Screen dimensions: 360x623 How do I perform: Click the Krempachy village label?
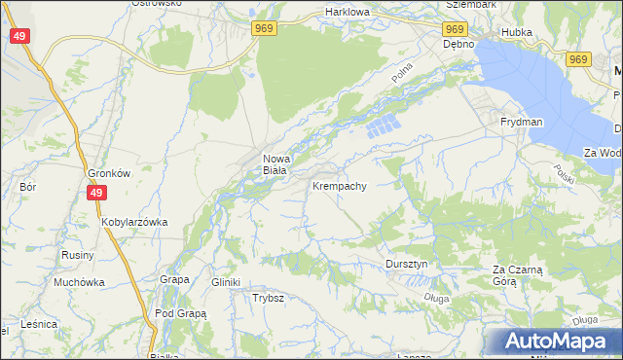(339, 185)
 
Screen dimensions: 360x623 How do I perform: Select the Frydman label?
(521, 122)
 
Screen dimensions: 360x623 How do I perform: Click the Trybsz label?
(268, 298)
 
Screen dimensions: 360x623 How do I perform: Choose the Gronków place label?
(109, 173)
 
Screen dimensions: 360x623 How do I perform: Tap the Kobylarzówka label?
(134, 222)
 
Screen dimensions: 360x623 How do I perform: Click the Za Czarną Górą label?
(517, 274)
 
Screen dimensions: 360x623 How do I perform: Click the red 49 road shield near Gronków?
(95, 193)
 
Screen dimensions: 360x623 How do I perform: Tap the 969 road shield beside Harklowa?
(264, 29)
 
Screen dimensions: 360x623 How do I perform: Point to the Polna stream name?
(402, 70)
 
